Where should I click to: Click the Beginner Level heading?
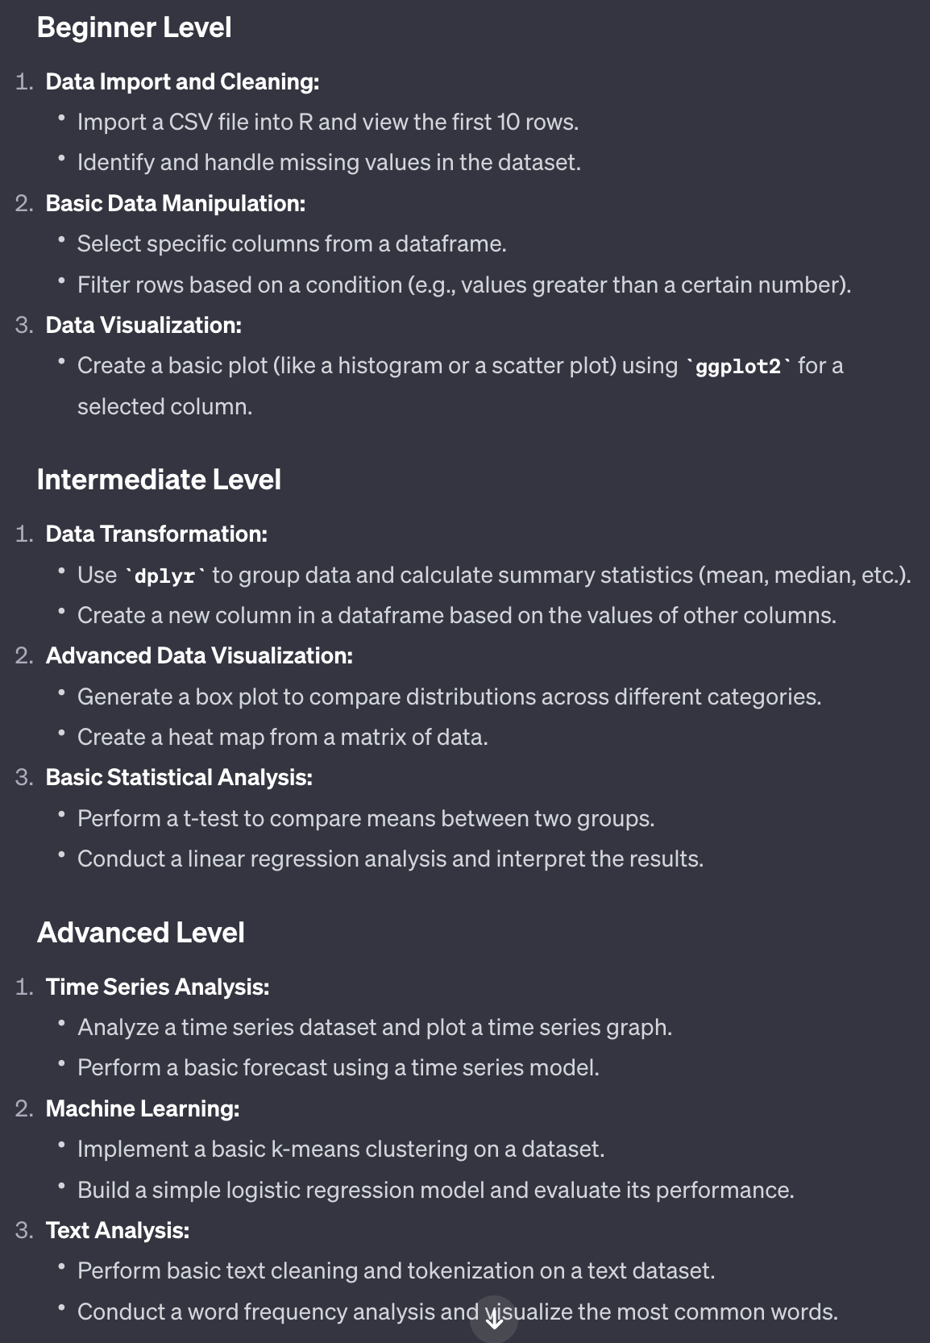(134, 27)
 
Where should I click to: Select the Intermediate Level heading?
(159, 480)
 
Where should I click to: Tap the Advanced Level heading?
(140, 933)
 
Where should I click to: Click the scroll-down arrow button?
(494, 1320)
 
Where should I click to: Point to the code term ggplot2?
(737, 367)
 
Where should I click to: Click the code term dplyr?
(164, 576)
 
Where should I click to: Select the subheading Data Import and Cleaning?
(182, 82)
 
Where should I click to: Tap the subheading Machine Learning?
(143, 1108)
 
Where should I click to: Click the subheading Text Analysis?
(118, 1230)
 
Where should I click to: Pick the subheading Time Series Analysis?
(157, 987)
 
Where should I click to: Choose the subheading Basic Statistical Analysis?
(179, 777)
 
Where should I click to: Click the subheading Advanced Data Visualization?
(199, 655)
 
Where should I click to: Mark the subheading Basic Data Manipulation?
(176, 203)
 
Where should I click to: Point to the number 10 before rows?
(509, 123)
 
